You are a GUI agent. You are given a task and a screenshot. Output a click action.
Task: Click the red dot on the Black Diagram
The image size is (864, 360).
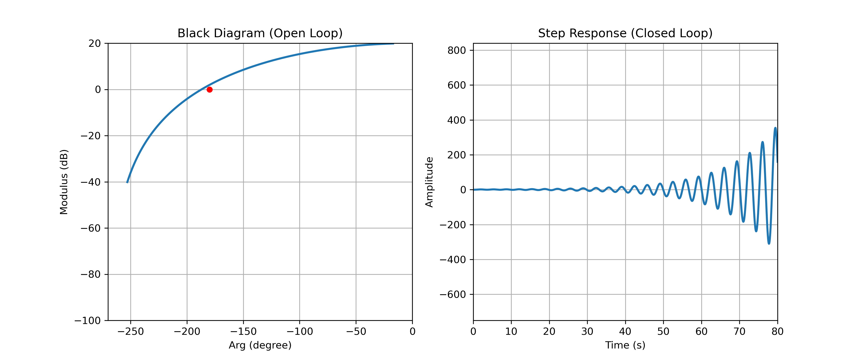coord(209,90)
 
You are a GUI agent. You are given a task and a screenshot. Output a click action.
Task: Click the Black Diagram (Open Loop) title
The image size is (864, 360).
coord(260,33)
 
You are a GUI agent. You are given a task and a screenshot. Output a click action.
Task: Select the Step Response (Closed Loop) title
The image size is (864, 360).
coord(625,33)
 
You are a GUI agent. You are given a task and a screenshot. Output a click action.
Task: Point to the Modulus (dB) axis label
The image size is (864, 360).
coord(64,182)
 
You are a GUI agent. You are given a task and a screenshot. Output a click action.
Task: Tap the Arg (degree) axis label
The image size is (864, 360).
coord(260,345)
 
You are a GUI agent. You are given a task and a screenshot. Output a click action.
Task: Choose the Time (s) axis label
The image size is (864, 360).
coord(625,345)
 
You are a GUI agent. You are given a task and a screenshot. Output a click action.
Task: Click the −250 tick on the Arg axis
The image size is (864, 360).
coord(131,331)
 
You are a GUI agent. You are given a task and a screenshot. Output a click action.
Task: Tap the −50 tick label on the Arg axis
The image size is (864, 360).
coord(356,331)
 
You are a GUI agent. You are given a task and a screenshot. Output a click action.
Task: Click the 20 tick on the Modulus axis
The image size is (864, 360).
coord(95,43)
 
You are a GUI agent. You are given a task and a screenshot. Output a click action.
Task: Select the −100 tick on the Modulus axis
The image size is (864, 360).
coord(88,321)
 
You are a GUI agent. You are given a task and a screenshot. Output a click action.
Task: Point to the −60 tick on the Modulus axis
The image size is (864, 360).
coord(90,228)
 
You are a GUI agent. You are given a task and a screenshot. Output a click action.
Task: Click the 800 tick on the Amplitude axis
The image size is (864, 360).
coord(456,50)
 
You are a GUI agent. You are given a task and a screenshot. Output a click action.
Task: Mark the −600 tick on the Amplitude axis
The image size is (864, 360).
coord(453,294)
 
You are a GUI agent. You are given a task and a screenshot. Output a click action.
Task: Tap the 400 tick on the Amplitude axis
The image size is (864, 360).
coord(456,120)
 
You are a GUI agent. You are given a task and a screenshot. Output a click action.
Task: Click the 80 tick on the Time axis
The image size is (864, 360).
coord(777,331)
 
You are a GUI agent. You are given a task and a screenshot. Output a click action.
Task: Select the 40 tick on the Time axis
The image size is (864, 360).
coord(625,331)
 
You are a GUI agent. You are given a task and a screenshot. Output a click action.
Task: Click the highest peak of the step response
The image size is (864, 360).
coord(775,128)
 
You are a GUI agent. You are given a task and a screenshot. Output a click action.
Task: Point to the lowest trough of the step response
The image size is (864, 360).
coord(769,243)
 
